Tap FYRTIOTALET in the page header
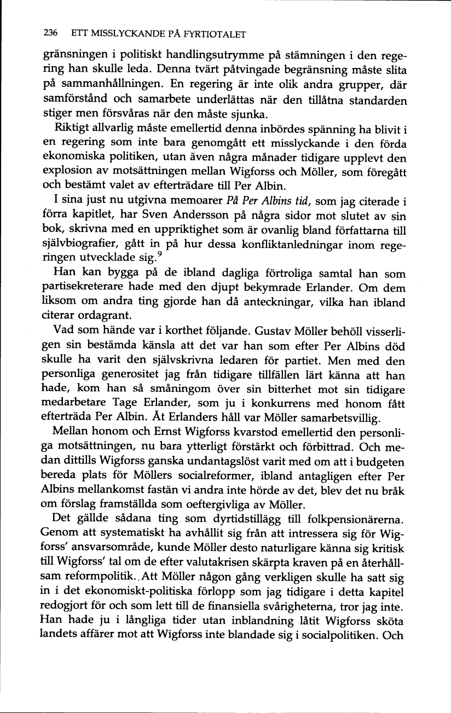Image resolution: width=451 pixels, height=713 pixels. tap(215, 35)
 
